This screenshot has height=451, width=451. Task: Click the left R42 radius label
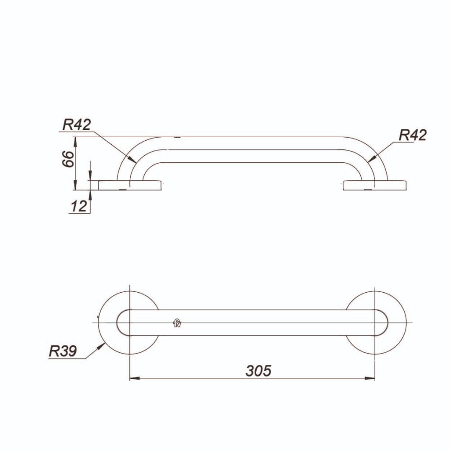77,124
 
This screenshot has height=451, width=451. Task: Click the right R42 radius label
413,135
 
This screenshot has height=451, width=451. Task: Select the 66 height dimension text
69,158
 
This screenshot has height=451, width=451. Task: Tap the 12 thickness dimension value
78,206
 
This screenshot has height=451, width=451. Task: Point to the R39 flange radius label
63,351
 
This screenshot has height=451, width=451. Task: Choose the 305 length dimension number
258,371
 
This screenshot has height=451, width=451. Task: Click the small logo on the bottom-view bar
177,323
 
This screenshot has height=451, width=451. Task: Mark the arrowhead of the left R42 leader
132,159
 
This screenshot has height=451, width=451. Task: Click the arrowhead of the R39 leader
101,346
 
